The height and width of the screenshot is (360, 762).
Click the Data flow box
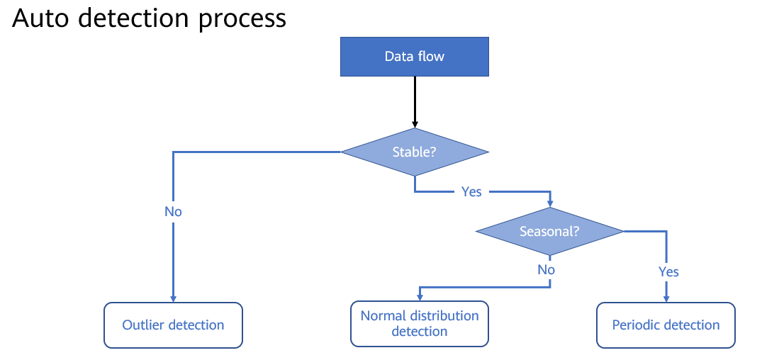coord(414,57)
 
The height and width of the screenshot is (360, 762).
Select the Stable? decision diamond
coord(414,152)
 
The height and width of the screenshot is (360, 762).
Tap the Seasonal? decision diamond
coord(549,231)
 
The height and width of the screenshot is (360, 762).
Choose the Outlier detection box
coord(173,325)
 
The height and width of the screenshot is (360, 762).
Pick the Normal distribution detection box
coord(420,324)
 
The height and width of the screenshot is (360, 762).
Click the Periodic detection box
coord(666,325)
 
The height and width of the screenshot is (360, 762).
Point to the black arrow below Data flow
coord(415,102)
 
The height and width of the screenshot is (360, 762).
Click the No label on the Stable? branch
coord(173,212)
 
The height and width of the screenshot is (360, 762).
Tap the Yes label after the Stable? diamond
coord(471,192)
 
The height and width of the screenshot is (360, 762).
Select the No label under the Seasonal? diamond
coord(547,269)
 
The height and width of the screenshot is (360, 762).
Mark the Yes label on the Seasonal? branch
coord(668,271)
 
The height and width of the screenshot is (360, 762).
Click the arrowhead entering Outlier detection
coord(173,299)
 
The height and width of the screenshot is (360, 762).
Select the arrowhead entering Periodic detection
coord(666,299)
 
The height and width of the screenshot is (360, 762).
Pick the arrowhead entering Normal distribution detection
coord(420,298)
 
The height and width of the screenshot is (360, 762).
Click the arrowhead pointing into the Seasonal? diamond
coord(549,204)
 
